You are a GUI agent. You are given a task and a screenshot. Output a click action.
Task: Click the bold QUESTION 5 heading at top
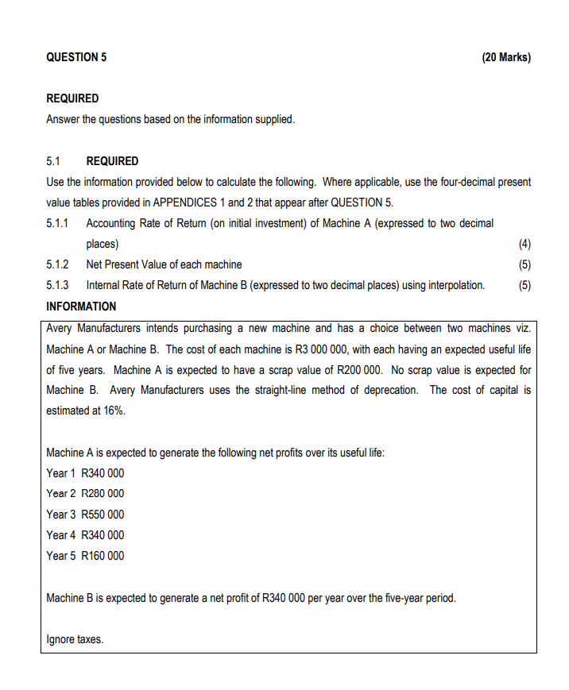point(76,57)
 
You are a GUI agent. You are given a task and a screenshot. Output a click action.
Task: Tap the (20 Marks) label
point(506,57)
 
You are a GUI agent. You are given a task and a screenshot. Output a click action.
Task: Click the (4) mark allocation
point(524,244)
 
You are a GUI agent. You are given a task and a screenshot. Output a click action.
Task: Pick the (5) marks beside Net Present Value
point(524,264)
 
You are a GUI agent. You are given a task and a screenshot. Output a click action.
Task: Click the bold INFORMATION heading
point(81,306)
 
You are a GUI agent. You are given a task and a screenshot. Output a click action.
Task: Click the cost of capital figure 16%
point(114,411)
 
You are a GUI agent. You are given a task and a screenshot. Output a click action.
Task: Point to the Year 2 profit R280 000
point(103,493)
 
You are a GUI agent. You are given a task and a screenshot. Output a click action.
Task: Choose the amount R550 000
point(103,514)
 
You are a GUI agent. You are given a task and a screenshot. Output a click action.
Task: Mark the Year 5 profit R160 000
point(103,555)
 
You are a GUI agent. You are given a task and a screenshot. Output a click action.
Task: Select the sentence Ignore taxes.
point(75,638)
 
